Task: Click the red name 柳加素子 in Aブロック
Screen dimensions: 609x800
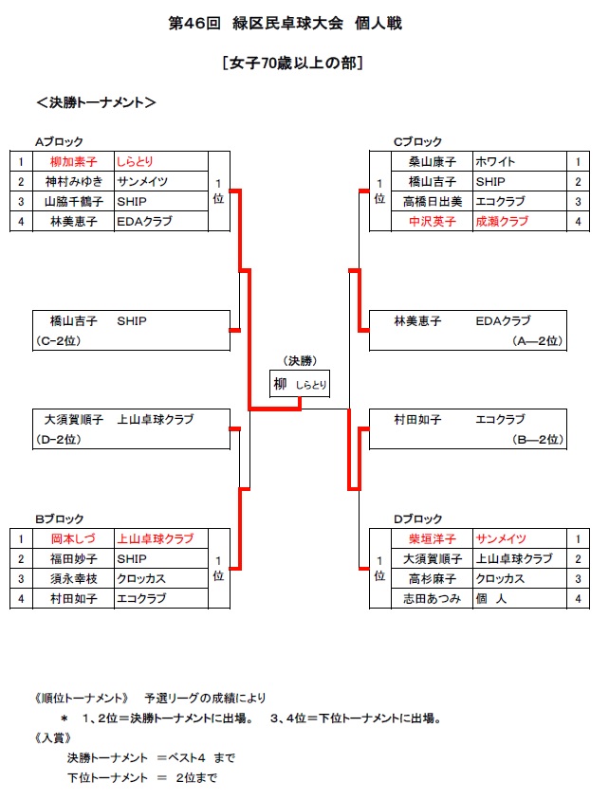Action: click(x=73, y=162)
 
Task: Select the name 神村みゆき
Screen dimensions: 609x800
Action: click(x=73, y=182)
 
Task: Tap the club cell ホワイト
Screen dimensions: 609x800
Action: click(x=495, y=162)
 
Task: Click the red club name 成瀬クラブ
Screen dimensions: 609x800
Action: click(x=502, y=222)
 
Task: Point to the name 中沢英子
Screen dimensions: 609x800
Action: click(x=433, y=222)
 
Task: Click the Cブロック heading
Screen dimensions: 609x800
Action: click(x=417, y=142)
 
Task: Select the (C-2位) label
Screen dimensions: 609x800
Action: click(x=58, y=341)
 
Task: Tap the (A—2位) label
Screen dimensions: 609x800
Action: click(x=538, y=341)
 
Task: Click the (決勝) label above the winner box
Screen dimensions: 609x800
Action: click(x=300, y=361)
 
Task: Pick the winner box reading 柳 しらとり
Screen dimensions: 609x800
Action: click(x=300, y=384)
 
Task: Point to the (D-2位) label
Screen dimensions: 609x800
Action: click(x=58, y=439)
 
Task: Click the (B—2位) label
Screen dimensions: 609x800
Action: click(x=538, y=439)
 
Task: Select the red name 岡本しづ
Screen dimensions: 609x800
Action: click(x=73, y=538)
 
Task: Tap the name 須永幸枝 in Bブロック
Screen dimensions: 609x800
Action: click(x=73, y=578)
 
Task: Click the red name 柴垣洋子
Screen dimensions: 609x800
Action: click(x=433, y=538)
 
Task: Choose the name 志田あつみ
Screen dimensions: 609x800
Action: click(x=432, y=598)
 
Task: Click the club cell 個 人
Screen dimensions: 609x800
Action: click(x=490, y=598)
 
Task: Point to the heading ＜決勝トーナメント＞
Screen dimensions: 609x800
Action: click(x=96, y=102)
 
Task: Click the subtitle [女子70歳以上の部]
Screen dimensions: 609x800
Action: click(x=292, y=63)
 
